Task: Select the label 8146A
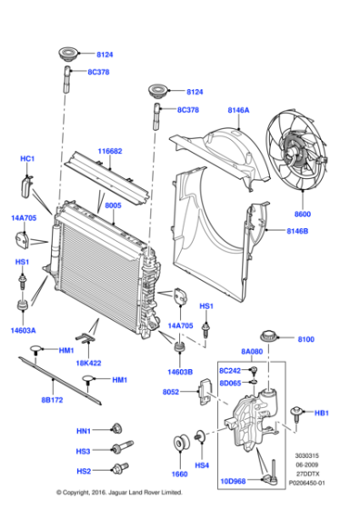(x=238, y=111)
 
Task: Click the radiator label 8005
(x=113, y=206)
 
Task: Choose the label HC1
(x=27, y=159)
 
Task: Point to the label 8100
(x=305, y=339)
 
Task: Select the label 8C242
(x=233, y=372)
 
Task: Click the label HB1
(x=320, y=414)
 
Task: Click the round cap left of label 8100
(x=269, y=335)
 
